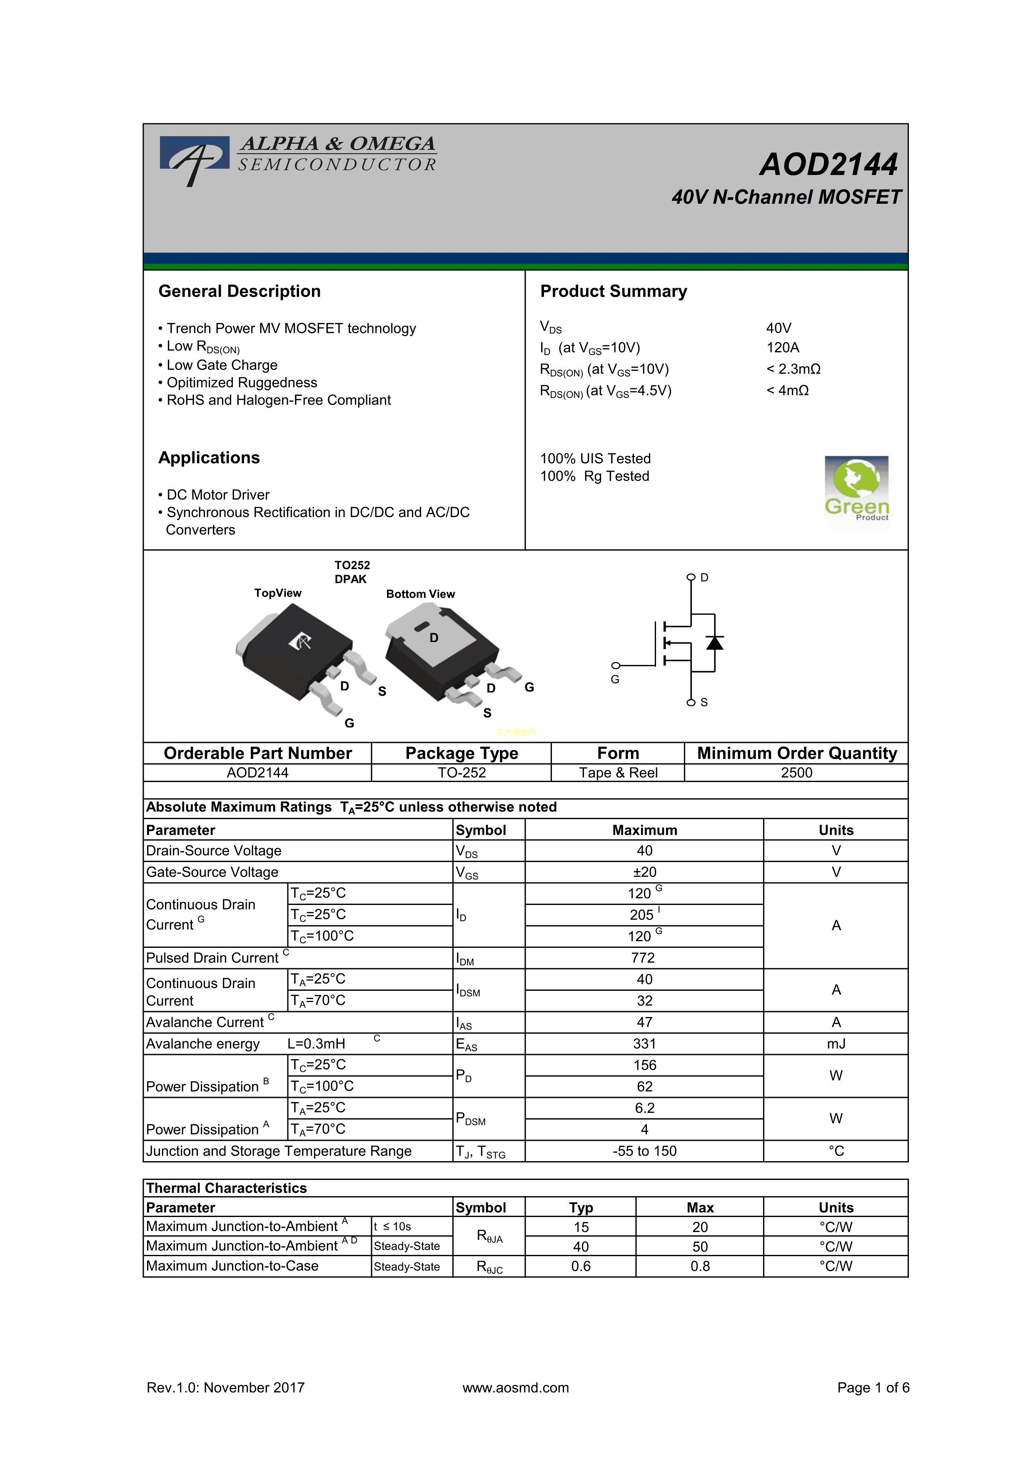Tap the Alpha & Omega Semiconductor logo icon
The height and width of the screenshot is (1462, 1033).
[194, 159]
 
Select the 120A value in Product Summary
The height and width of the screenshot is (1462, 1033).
[782, 347]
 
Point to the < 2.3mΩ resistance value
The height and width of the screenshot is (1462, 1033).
[793, 369]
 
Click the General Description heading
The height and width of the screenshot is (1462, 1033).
[240, 292]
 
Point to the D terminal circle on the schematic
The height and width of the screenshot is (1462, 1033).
[691, 577]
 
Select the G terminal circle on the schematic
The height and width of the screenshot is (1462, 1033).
[616, 665]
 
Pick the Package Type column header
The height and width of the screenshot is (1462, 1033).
[462, 753]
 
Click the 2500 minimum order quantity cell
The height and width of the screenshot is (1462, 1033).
[796, 772]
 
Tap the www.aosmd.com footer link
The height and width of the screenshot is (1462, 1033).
[516, 1387]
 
